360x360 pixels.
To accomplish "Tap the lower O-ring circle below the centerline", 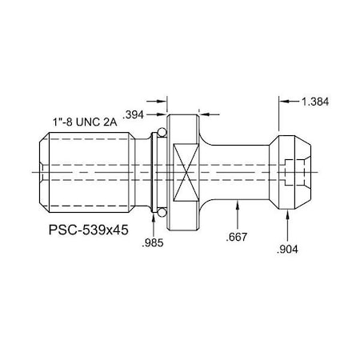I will pos(161,211).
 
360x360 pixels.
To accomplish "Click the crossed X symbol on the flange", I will pos(185,171).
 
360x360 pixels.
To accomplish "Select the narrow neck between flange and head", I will pos(240,171).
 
